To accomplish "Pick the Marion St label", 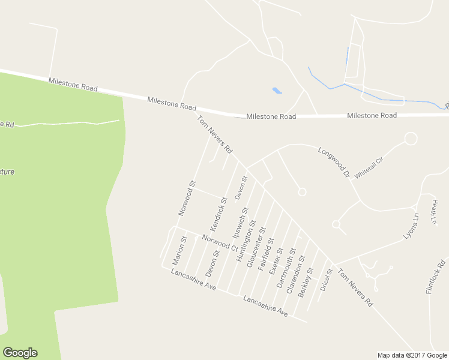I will click(x=179, y=250).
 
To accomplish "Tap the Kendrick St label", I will click(x=218, y=214).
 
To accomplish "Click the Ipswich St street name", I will click(x=240, y=223).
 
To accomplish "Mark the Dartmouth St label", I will click(x=287, y=268).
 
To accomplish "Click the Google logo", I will click(x=20, y=353).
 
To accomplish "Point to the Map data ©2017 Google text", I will click(x=412, y=355).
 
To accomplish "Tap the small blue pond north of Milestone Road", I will click(x=277, y=91).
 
